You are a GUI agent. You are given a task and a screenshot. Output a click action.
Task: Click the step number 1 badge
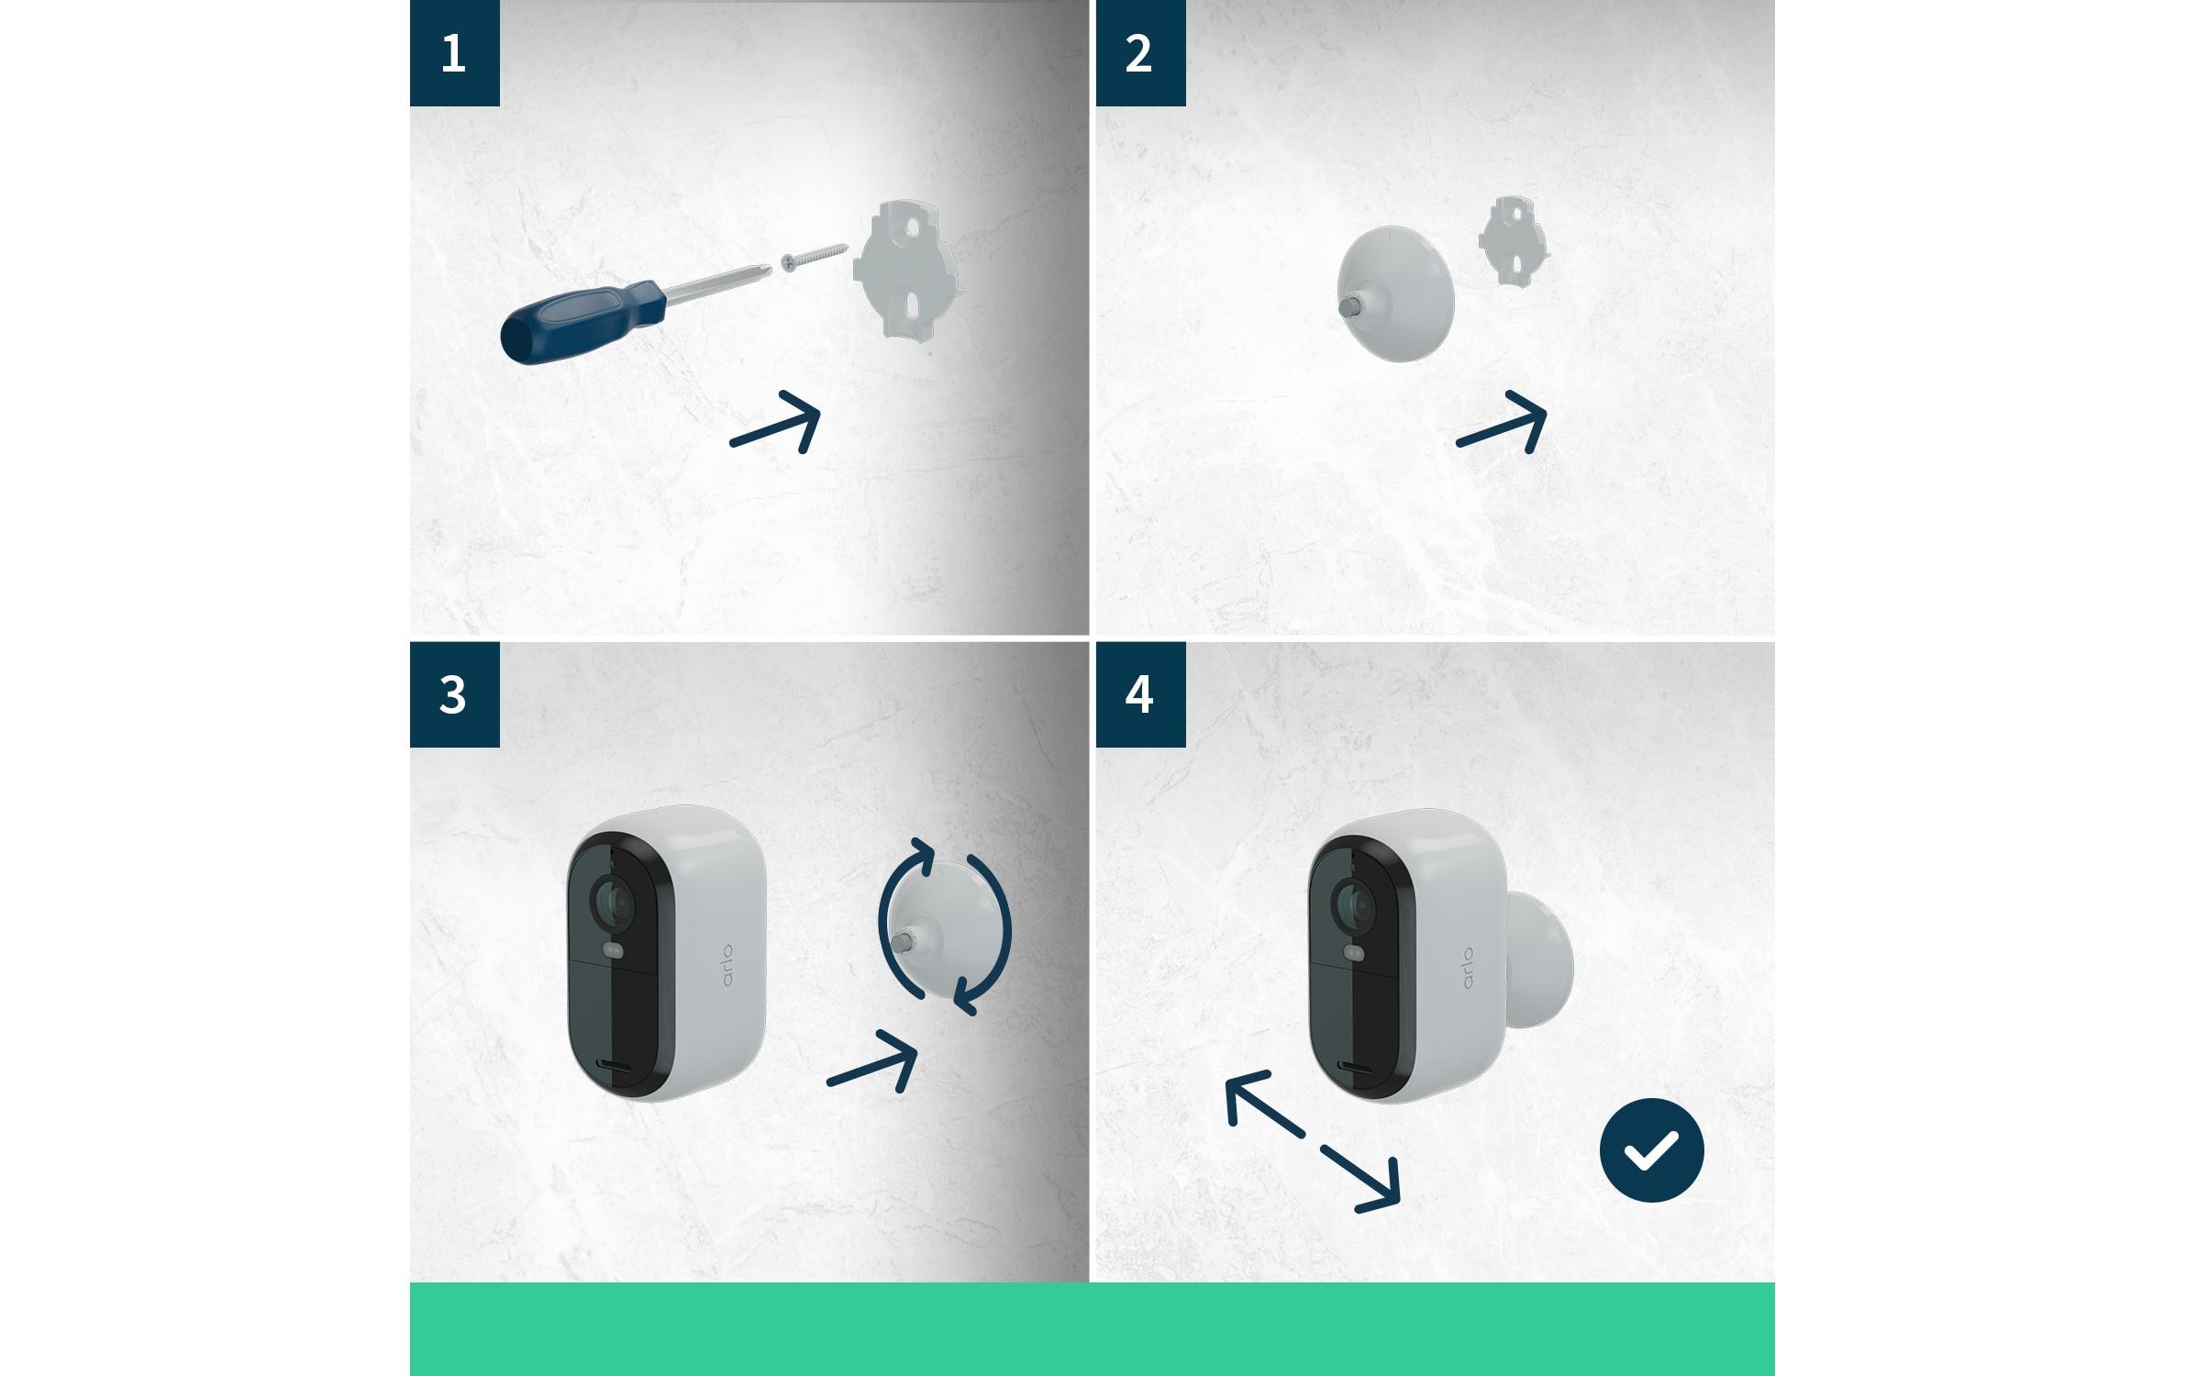point(454,53)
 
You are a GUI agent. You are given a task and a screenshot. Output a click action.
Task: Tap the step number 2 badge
point(1140,53)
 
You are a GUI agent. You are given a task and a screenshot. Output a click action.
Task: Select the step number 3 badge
point(454,694)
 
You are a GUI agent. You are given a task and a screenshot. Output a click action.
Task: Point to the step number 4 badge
point(1140,694)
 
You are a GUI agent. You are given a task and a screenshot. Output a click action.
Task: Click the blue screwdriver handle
point(582,323)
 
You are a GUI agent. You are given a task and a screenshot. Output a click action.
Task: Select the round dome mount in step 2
point(1394,294)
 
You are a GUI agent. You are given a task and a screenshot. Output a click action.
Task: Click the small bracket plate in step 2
point(1513,239)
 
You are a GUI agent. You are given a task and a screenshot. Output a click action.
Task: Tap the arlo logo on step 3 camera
point(727,964)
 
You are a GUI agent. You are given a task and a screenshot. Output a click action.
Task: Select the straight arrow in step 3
point(872,1061)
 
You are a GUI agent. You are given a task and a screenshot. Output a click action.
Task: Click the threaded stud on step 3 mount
point(903,941)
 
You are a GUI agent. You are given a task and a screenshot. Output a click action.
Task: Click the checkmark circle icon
point(1651,1150)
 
